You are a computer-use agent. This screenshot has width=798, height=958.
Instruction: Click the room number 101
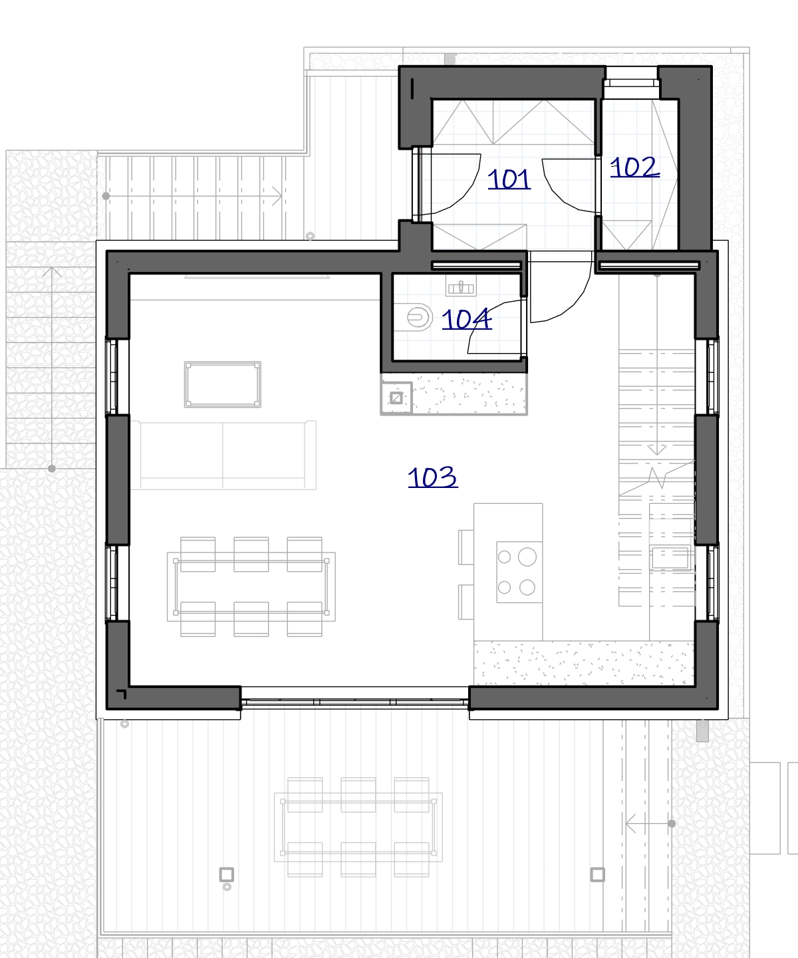point(509,180)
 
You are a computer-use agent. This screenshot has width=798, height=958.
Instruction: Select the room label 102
point(635,168)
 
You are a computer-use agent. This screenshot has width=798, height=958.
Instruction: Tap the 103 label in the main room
point(433,477)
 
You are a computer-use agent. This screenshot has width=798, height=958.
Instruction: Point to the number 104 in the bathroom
point(467,319)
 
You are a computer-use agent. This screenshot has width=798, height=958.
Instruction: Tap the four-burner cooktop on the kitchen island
point(519,572)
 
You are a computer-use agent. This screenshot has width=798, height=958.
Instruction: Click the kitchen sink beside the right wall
point(670,558)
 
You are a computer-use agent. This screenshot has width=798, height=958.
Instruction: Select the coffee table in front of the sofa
point(223,384)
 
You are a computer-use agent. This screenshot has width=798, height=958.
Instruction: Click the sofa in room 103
point(223,455)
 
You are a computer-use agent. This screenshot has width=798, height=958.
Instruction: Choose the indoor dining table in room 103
point(251,587)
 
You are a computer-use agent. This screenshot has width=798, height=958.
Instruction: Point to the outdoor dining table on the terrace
point(358,827)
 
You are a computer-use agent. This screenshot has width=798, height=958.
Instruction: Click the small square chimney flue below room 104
point(396,398)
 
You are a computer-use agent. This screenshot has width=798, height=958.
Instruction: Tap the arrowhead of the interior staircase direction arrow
point(657,449)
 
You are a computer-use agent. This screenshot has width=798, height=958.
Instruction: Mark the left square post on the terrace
point(226,874)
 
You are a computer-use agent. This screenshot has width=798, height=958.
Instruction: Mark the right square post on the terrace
point(597,874)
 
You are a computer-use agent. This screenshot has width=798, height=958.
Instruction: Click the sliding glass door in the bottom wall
point(354,703)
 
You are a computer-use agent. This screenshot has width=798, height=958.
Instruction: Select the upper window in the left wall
point(112,377)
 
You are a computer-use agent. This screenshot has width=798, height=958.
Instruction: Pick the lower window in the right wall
point(713,582)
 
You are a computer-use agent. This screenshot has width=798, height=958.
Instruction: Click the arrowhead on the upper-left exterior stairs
point(277,196)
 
